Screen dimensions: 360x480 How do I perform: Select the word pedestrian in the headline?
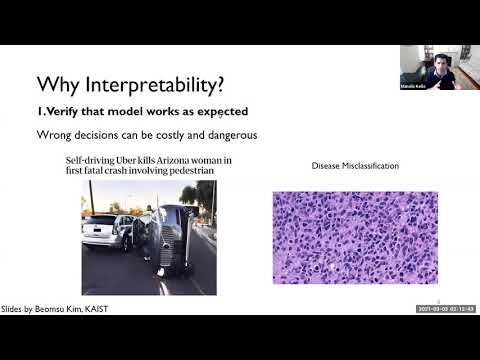185,171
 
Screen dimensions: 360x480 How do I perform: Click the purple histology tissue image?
355,237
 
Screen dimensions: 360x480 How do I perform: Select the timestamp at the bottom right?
445,309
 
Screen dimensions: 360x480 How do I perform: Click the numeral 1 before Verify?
39,110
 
